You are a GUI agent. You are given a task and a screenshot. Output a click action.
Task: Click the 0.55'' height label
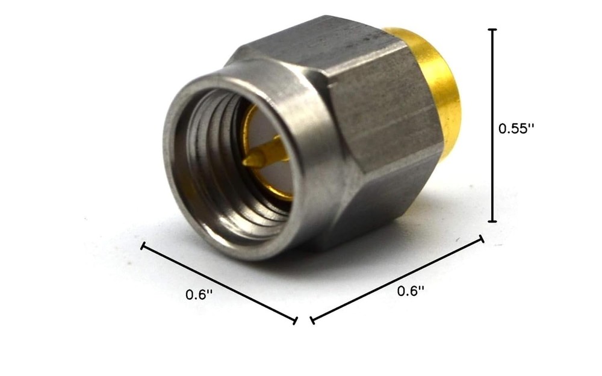517,128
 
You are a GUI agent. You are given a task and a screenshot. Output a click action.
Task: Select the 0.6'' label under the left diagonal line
199,294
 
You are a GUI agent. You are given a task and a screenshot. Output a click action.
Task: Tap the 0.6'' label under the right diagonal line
411,291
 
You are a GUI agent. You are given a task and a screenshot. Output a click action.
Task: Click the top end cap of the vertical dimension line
492,29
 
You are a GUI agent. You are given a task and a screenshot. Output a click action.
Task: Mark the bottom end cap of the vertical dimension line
492,221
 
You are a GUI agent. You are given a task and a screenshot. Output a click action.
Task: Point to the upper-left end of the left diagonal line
143,245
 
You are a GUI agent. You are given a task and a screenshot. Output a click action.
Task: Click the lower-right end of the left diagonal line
295,320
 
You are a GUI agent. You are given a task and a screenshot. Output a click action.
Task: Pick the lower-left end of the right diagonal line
312,320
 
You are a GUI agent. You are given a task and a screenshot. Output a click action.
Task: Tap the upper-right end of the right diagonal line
481,239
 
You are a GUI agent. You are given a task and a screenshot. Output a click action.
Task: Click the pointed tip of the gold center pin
247,161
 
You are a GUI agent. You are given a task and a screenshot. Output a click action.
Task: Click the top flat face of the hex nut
313,42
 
